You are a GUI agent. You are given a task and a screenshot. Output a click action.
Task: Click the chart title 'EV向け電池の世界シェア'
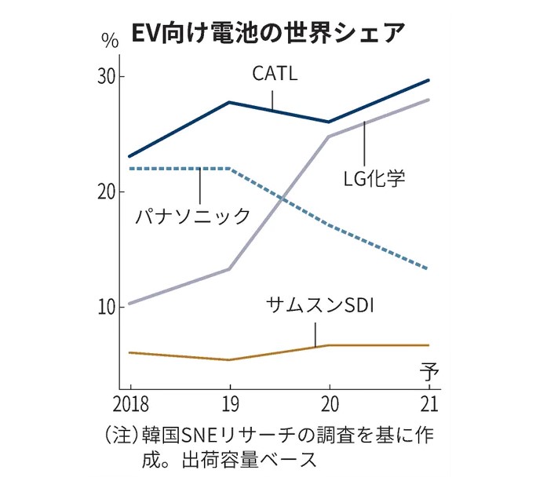pos(267,32)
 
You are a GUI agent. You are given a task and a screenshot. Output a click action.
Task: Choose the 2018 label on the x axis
pos(129,406)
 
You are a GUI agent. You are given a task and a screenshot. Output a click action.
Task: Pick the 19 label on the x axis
pos(228,406)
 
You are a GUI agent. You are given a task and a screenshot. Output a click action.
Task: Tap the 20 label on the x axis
pos(329,406)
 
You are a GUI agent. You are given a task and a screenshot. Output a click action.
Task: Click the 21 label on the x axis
pos(428,406)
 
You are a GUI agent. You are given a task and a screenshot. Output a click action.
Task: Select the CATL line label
pos(275,74)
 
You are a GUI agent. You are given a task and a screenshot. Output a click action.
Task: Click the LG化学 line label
pos(375,177)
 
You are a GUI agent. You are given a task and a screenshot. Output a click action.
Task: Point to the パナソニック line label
pos(193,215)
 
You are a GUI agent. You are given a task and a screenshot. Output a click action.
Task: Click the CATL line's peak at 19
pos(228,102)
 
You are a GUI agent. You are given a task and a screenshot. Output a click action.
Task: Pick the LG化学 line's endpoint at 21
pos(428,100)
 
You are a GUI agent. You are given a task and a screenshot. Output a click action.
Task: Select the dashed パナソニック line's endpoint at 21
pos(428,269)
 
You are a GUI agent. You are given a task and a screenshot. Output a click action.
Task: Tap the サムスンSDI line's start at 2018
pos(129,352)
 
